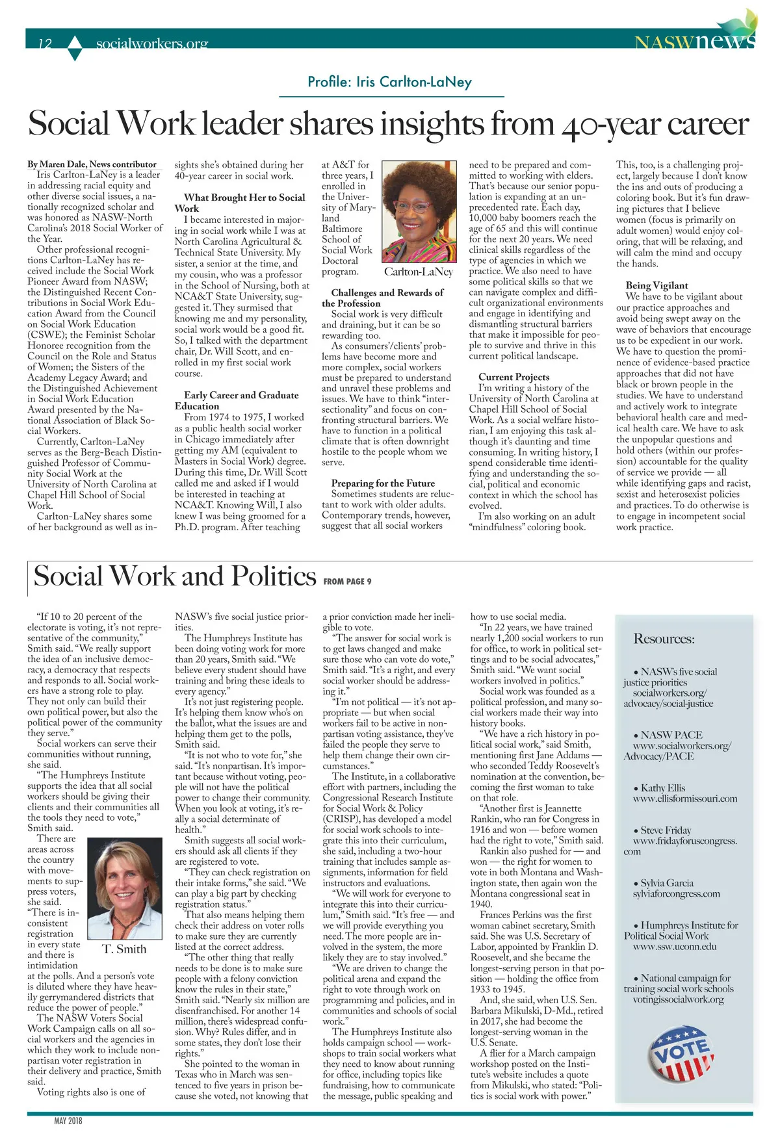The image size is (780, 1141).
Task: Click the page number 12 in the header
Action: coord(45,44)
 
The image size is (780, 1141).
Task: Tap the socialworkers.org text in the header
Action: coord(151,44)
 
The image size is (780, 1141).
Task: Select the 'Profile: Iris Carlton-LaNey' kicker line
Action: coord(389,82)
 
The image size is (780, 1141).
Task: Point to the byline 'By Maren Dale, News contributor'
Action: coord(92,164)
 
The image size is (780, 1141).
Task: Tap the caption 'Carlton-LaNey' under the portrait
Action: coord(418,272)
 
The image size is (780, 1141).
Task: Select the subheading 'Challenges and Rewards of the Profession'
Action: coord(387,298)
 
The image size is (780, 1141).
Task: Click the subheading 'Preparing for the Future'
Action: coord(383,483)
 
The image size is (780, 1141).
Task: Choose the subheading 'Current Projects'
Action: coord(513,377)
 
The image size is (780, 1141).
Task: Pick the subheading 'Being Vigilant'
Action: coord(656,285)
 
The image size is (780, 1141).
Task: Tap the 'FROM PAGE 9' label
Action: coord(347,582)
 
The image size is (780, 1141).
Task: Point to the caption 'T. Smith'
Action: coord(124,949)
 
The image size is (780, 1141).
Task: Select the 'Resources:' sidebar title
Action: coord(664,639)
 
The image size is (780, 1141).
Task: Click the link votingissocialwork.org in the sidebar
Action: coord(678,999)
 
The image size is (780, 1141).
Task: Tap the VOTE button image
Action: coord(681,1053)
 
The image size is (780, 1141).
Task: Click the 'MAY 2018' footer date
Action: coord(68,1121)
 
